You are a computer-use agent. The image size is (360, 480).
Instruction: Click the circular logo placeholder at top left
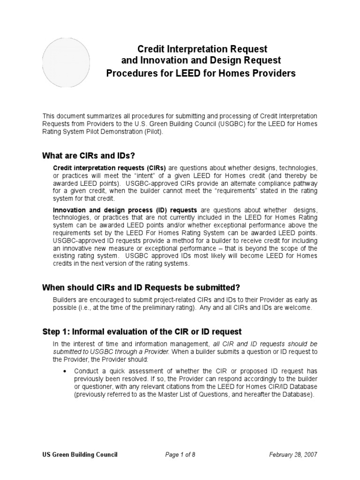pyautogui.click(x=67, y=61)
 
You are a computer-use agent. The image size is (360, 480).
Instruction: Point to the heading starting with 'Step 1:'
pyautogui.click(x=142, y=332)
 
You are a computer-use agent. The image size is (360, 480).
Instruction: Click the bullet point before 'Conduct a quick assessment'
pyautogui.click(x=64, y=370)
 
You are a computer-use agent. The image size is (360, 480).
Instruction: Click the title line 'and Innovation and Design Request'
pyautogui.click(x=202, y=61)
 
